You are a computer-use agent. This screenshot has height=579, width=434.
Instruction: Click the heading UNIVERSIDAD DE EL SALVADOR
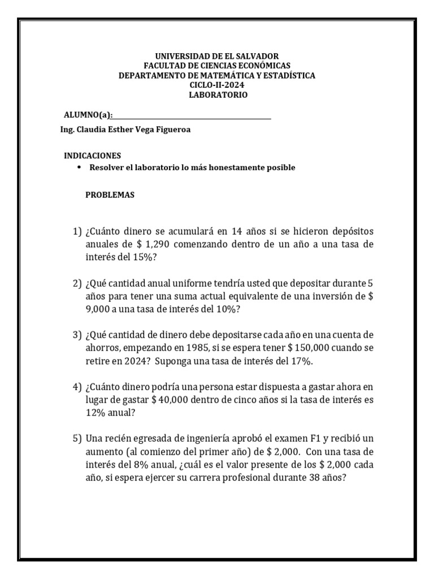point(217,57)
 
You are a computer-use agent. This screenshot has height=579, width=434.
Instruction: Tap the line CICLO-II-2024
point(217,85)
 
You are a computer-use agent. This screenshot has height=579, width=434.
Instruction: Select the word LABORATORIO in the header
point(217,94)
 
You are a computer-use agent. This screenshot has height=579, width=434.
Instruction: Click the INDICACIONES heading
point(92,155)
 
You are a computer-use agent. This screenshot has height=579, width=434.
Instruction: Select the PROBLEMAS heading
point(110,195)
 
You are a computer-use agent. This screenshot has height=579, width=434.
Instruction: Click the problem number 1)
point(77,232)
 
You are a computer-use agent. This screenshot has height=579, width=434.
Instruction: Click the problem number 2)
point(77,283)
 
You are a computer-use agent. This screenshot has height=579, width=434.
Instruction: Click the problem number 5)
point(77,439)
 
